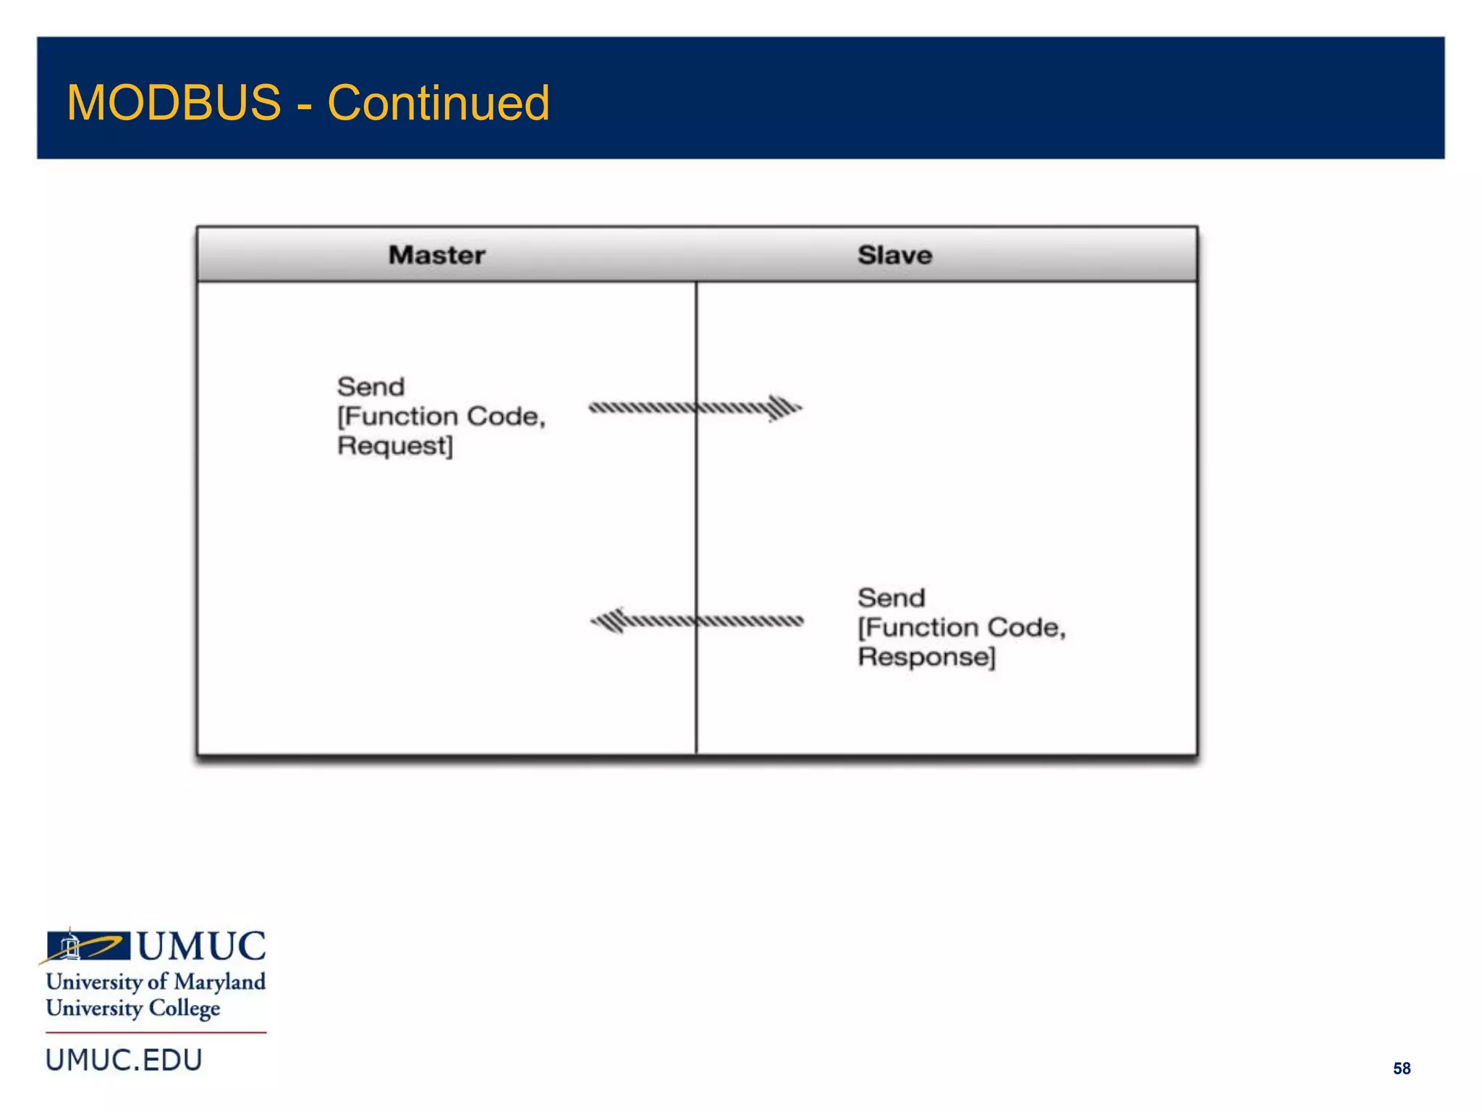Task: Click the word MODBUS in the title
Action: point(174,103)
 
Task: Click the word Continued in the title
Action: point(439,103)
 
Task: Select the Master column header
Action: point(436,255)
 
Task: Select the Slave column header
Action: point(894,255)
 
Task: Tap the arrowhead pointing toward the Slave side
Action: point(784,408)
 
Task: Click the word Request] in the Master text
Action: point(395,446)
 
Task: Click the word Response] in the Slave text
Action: point(926,657)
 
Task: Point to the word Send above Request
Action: point(370,387)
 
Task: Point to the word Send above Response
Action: point(891,598)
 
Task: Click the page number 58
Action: point(1401,1069)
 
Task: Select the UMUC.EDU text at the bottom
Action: point(124,1061)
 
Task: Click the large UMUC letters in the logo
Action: point(201,946)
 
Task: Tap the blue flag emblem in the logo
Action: point(87,945)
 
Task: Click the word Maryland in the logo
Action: point(219,982)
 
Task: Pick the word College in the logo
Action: point(184,1008)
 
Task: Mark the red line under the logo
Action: point(156,1032)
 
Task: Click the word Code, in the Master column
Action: point(506,416)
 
